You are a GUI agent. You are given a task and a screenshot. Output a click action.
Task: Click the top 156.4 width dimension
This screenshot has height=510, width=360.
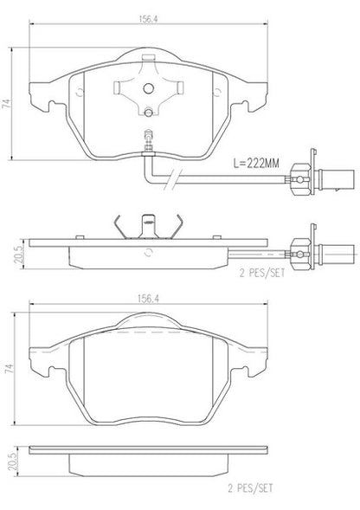tap(149, 19)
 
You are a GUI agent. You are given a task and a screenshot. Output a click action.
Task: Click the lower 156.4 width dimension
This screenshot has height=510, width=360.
tap(149, 299)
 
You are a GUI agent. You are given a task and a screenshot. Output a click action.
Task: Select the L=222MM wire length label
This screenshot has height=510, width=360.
tap(256, 164)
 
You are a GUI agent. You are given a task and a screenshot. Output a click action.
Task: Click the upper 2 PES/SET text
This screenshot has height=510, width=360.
tap(262, 273)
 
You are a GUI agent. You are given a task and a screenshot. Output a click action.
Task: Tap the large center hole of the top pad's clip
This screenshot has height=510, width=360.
tap(149, 87)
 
